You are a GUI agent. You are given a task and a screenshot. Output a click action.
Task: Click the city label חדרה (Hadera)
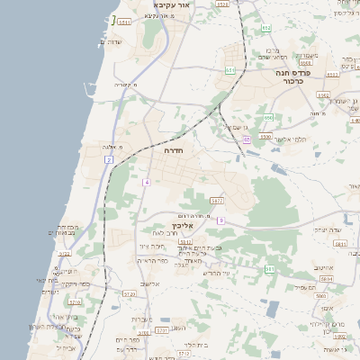click(x=174, y=151)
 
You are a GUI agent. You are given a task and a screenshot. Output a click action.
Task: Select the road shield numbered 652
click(x=266, y=28)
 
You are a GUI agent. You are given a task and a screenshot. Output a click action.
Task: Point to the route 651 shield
click(x=231, y=70)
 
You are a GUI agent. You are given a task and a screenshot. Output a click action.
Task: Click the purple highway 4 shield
click(x=146, y=182)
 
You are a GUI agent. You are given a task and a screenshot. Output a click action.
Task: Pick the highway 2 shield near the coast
click(x=108, y=159)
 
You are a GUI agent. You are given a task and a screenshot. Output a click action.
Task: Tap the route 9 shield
click(x=220, y=220)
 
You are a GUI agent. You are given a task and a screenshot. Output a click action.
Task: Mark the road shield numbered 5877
click(x=216, y=200)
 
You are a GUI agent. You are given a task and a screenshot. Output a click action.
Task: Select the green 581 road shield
click(x=269, y=269)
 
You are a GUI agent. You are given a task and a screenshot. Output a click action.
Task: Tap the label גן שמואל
click(x=236, y=127)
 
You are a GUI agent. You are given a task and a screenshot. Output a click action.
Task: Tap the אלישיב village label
click(x=148, y=283)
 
